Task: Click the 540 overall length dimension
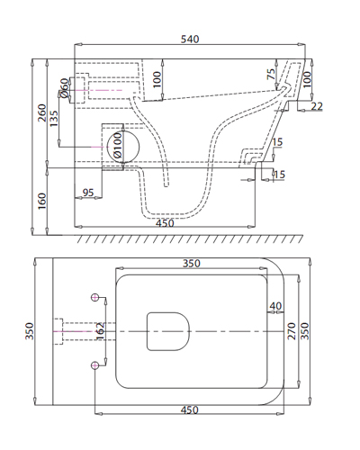[190, 40]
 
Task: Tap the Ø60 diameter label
[65, 88]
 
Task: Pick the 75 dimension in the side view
[272, 75]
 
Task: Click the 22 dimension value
[316, 107]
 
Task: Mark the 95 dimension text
[89, 193]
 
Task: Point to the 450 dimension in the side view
[166, 222]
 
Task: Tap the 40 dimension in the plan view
[274, 307]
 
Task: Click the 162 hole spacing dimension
[101, 332]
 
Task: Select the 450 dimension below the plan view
[188, 410]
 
